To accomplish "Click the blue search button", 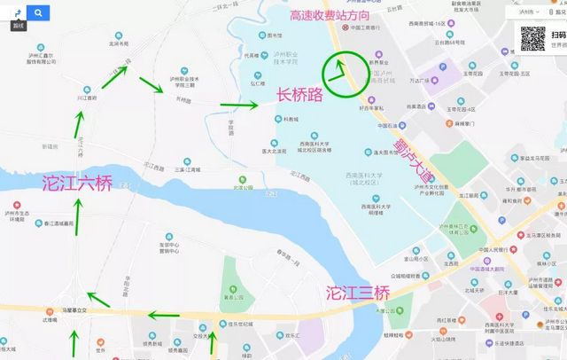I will point(39,13).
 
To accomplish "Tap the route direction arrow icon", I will point(15,12).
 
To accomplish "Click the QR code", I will point(532,39).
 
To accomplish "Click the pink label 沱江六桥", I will point(77,184).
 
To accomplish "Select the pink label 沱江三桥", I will point(357,292).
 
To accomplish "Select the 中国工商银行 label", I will point(368,27).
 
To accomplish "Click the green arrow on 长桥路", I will point(239,106).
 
